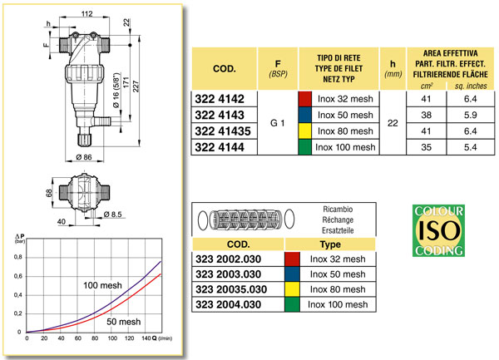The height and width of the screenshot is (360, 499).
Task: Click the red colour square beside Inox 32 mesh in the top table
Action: click(x=304, y=98)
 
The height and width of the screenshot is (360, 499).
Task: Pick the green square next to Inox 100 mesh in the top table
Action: click(x=304, y=147)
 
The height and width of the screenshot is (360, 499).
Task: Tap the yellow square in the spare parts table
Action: click(x=292, y=290)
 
